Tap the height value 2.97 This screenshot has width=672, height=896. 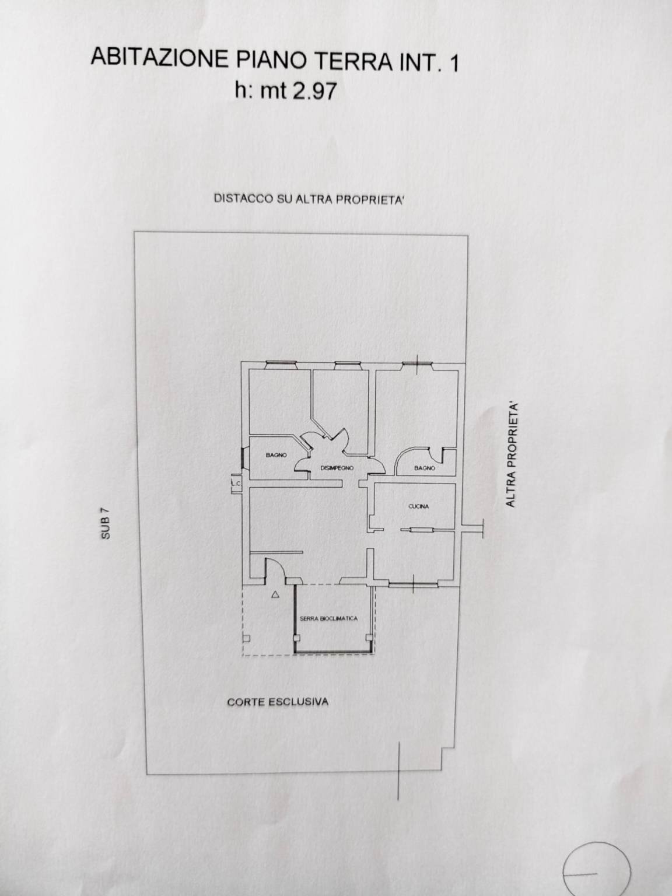tap(316, 91)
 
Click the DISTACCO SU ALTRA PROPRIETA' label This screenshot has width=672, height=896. tap(309, 199)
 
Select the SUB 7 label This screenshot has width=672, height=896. tap(105, 524)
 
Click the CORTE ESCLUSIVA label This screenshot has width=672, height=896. tap(278, 701)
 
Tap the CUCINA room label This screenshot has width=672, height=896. tap(418, 506)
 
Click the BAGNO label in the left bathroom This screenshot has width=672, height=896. tap(276, 455)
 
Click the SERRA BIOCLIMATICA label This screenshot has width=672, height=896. tap(328, 618)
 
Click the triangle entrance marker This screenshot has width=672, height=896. tap(274, 595)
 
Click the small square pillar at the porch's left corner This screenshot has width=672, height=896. tap(247, 638)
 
